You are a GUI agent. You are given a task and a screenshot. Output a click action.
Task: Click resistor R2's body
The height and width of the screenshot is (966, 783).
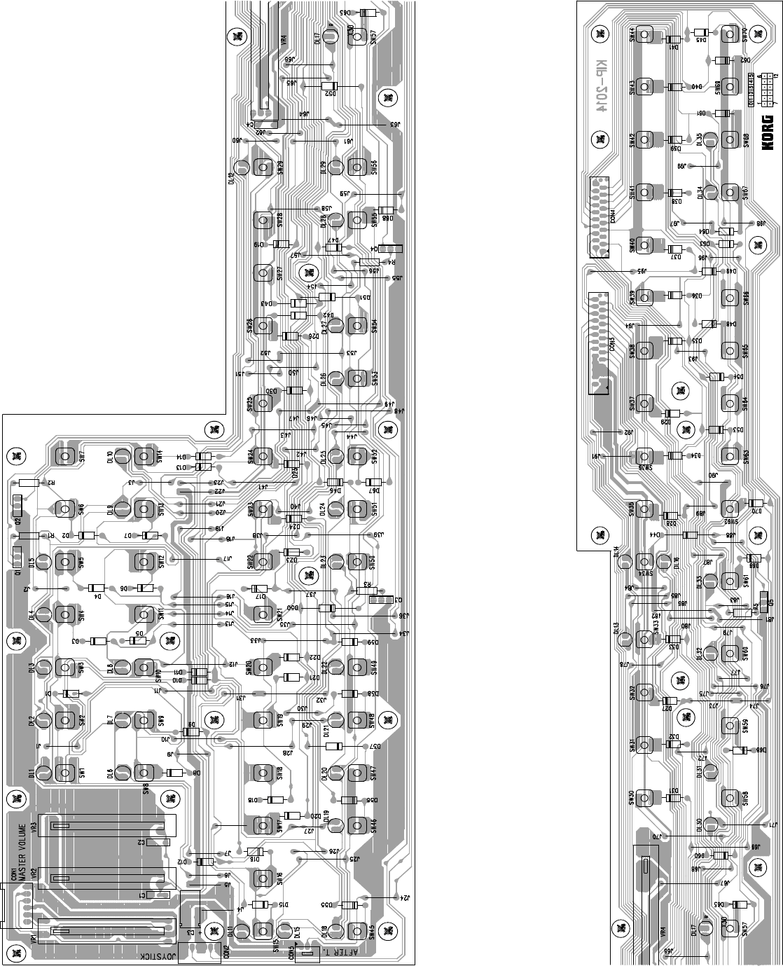pos(29,483)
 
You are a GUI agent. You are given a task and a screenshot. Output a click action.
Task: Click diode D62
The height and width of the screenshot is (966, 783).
pos(724,60)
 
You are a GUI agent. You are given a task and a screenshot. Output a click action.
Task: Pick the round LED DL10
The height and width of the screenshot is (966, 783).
pos(122,456)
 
